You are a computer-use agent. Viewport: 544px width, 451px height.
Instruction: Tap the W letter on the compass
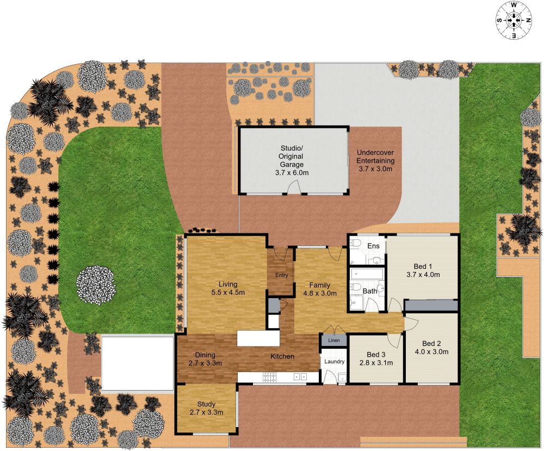click(514, 5)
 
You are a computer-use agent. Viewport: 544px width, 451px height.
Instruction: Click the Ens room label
click(373, 246)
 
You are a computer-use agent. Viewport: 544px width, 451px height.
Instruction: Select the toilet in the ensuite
click(355, 243)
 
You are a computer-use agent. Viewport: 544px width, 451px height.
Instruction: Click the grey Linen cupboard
click(333, 340)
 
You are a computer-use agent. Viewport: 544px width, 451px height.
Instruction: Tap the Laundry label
click(334, 361)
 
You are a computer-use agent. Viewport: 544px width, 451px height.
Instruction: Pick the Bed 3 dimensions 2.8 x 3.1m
click(376, 363)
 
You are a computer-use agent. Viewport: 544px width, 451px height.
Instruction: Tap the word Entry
click(281, 275)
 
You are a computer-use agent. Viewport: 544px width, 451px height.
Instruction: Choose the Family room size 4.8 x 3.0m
click(319, 293)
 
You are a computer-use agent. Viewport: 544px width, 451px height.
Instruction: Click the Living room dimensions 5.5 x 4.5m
click(228, 292)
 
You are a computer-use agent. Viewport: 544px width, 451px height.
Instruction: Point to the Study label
click(206, 404)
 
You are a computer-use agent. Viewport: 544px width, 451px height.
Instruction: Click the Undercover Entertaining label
click(375, 157)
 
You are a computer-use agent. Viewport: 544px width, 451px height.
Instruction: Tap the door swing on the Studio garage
click(294, 187)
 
